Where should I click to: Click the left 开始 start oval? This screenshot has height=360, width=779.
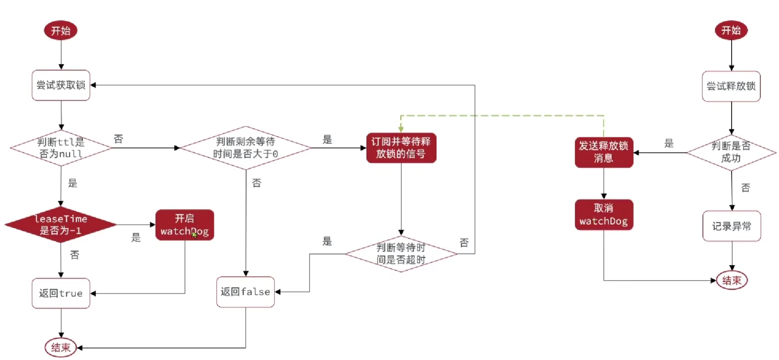coord(61,30)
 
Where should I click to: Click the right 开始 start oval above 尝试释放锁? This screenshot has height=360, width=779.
coord(731,30)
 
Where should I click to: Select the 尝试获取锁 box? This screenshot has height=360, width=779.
coord(61,85)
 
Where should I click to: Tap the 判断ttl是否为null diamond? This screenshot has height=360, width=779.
coord(61,148)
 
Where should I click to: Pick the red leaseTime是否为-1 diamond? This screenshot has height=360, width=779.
coord(61,224)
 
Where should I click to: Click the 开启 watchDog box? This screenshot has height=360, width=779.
coord(184,225)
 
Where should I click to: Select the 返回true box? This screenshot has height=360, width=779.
coord(61,293)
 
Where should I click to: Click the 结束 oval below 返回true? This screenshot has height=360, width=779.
coord(61,347)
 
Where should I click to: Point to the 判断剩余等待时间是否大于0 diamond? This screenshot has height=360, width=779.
coord(246,148)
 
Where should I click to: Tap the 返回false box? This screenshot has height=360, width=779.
coord(245,292)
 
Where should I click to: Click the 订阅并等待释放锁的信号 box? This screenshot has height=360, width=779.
coord(401,148)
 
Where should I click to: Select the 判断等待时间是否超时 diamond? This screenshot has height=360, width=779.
coord(401,254)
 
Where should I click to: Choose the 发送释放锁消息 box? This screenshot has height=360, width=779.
coord(603,152)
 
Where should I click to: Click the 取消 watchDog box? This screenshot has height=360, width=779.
coord(603,215)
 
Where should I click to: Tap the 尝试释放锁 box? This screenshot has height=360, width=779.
coord(731,86)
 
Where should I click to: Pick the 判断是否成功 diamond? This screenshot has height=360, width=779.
coord(731,152)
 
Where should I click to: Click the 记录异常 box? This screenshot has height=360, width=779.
coord(732,226)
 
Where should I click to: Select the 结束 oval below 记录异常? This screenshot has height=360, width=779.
coord(732,280)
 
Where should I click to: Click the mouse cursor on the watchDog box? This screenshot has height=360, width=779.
coord(194,235)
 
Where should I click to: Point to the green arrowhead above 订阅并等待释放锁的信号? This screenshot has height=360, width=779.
coord(401,129)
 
